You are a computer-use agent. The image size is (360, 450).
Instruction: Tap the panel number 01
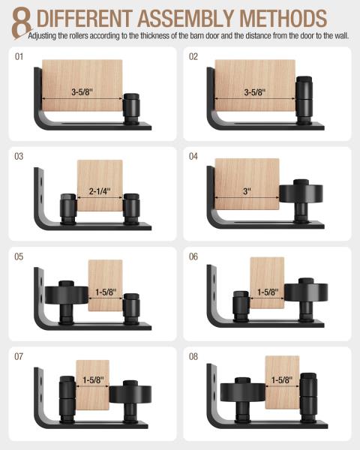tap(20, 56)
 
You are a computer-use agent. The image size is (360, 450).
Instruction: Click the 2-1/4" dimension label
tap(99, 190)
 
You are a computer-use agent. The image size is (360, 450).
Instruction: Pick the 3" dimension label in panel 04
tap(247, 190)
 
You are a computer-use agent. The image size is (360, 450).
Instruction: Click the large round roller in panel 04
tap(299, 196)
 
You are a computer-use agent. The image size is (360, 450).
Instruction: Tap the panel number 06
tap(193, 256)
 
